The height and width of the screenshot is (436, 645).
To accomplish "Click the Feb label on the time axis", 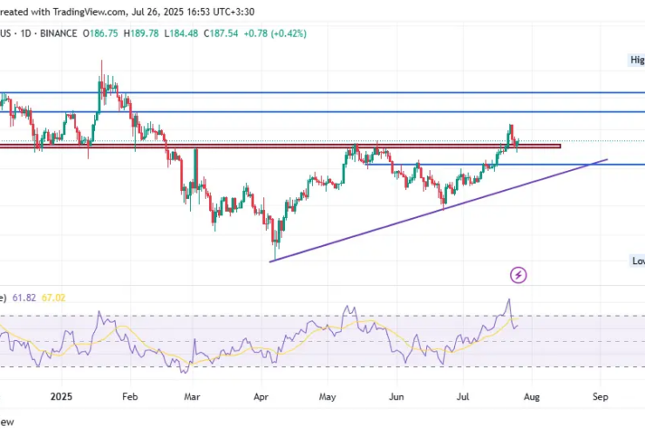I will [129, 395].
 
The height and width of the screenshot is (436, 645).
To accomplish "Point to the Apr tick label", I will [261, 395].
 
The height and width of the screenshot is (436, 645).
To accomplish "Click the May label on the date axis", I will [327, 395].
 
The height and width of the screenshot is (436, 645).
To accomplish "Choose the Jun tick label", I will [396, 395].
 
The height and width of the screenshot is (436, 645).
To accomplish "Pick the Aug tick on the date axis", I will [531, 395].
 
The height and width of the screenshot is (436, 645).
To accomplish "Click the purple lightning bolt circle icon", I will [519, 276].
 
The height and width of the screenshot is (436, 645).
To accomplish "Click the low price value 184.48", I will [184, 33].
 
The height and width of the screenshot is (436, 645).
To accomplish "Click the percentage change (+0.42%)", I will [288, 33].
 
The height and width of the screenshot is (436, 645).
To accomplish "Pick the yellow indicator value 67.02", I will [52, 297].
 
